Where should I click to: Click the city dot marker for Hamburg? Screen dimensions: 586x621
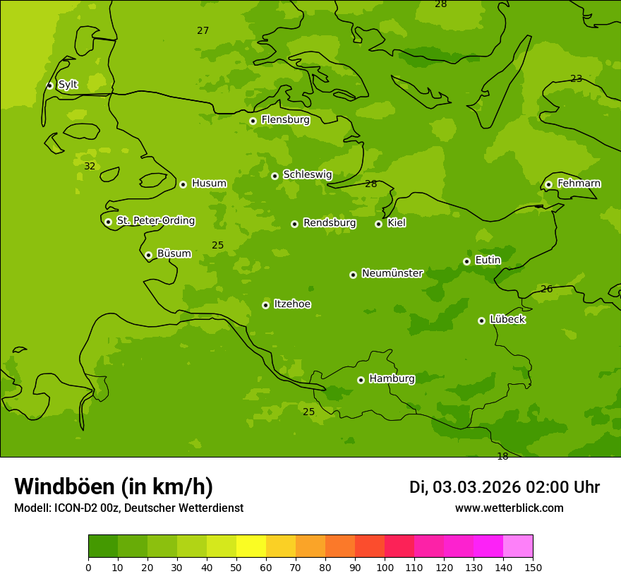[x=361, y=380]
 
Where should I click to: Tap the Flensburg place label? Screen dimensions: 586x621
[x=285, y=120]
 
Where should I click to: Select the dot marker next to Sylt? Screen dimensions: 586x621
[x=49, y=85]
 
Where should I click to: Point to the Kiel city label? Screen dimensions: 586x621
[x=396, y=223]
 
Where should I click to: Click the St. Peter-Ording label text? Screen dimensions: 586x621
[x=155, y=221]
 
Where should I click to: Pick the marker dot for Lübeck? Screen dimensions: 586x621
[x=481, y=321]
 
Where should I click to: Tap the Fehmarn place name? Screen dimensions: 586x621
[x=579, y=184]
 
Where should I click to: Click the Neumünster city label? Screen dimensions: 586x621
[x=392, y=273]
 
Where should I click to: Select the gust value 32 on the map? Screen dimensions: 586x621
[x=90, y=167]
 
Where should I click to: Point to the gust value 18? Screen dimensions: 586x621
[x=502, y=457]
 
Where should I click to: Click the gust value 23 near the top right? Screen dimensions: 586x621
[x=576, y=79]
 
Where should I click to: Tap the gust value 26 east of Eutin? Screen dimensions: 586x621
[x=546, y=289]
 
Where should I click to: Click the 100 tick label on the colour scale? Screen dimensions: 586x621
[x=385, y=567]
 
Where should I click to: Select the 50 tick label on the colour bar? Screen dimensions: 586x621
[x=236, y=567]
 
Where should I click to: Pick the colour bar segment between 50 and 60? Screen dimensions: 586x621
[x=251, y=546]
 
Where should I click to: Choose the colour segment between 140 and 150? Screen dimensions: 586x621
[x=518, y=546]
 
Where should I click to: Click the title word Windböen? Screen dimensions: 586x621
[x=64, y=486]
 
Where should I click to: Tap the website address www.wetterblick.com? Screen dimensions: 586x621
[x=509, y=508]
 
